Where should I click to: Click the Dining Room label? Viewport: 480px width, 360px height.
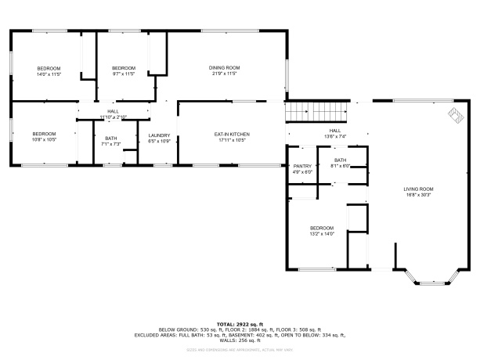224,68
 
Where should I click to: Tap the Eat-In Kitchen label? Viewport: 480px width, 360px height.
232,135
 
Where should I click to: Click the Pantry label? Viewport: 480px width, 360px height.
302,166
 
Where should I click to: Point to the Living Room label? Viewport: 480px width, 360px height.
418,189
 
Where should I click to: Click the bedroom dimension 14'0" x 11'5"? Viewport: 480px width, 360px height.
49,74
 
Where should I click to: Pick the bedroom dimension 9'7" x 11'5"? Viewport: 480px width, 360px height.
124,74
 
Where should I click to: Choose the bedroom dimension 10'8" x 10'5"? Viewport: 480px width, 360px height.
44,140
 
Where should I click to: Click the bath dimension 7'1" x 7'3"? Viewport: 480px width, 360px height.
111,144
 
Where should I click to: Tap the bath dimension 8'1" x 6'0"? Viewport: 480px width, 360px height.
340,166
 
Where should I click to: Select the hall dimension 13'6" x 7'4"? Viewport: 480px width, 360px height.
335,136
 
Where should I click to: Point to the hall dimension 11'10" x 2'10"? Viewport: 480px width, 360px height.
113,117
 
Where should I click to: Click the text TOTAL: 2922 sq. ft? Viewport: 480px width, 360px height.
240,323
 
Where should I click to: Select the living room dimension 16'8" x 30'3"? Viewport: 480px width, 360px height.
418,194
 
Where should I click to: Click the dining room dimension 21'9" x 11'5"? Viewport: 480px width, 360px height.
224,74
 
